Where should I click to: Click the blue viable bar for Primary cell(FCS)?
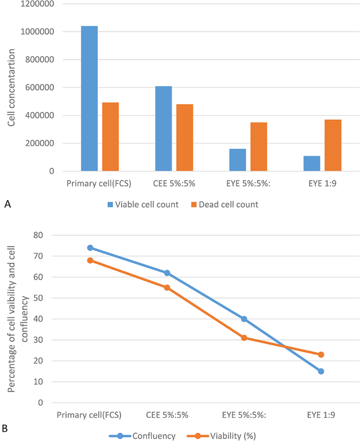[x=89, y=98]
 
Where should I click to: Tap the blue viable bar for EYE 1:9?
[x=312, y=163]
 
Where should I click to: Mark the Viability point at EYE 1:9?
[x=321, y=354]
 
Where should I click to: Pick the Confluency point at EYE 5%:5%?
[x=244, y=319]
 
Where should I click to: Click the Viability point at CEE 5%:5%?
[x=167, y=288]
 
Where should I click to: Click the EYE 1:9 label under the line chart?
[x=321, y=415]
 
